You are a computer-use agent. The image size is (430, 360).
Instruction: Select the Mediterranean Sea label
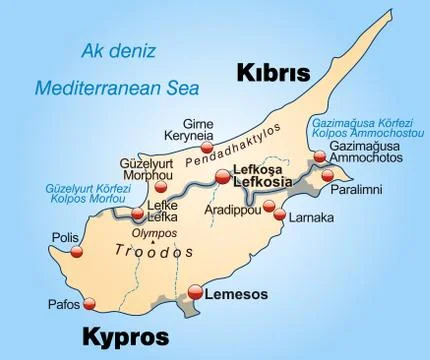[102, 88]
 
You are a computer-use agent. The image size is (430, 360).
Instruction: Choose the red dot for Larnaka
[280, 215]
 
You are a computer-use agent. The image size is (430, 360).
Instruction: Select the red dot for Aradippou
[269, 206]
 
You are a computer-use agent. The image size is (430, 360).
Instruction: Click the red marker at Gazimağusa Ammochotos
[318, 156]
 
